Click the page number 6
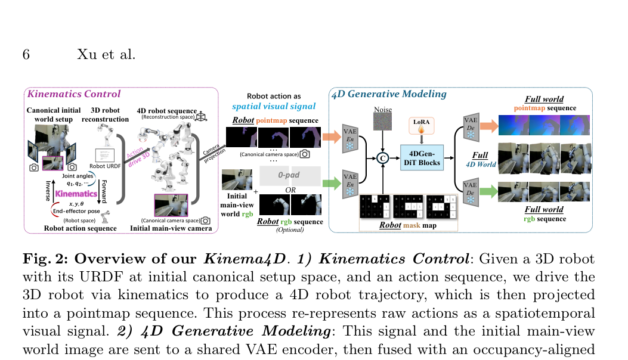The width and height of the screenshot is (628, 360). coord(26,55)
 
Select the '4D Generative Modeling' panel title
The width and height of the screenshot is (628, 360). coord(389,94)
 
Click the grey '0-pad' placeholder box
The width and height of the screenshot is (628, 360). coord(290,176)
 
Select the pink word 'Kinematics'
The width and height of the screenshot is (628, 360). coord(76,194)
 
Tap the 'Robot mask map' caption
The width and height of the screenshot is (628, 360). coord(409,226)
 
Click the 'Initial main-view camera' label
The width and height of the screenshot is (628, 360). coord(171,228)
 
